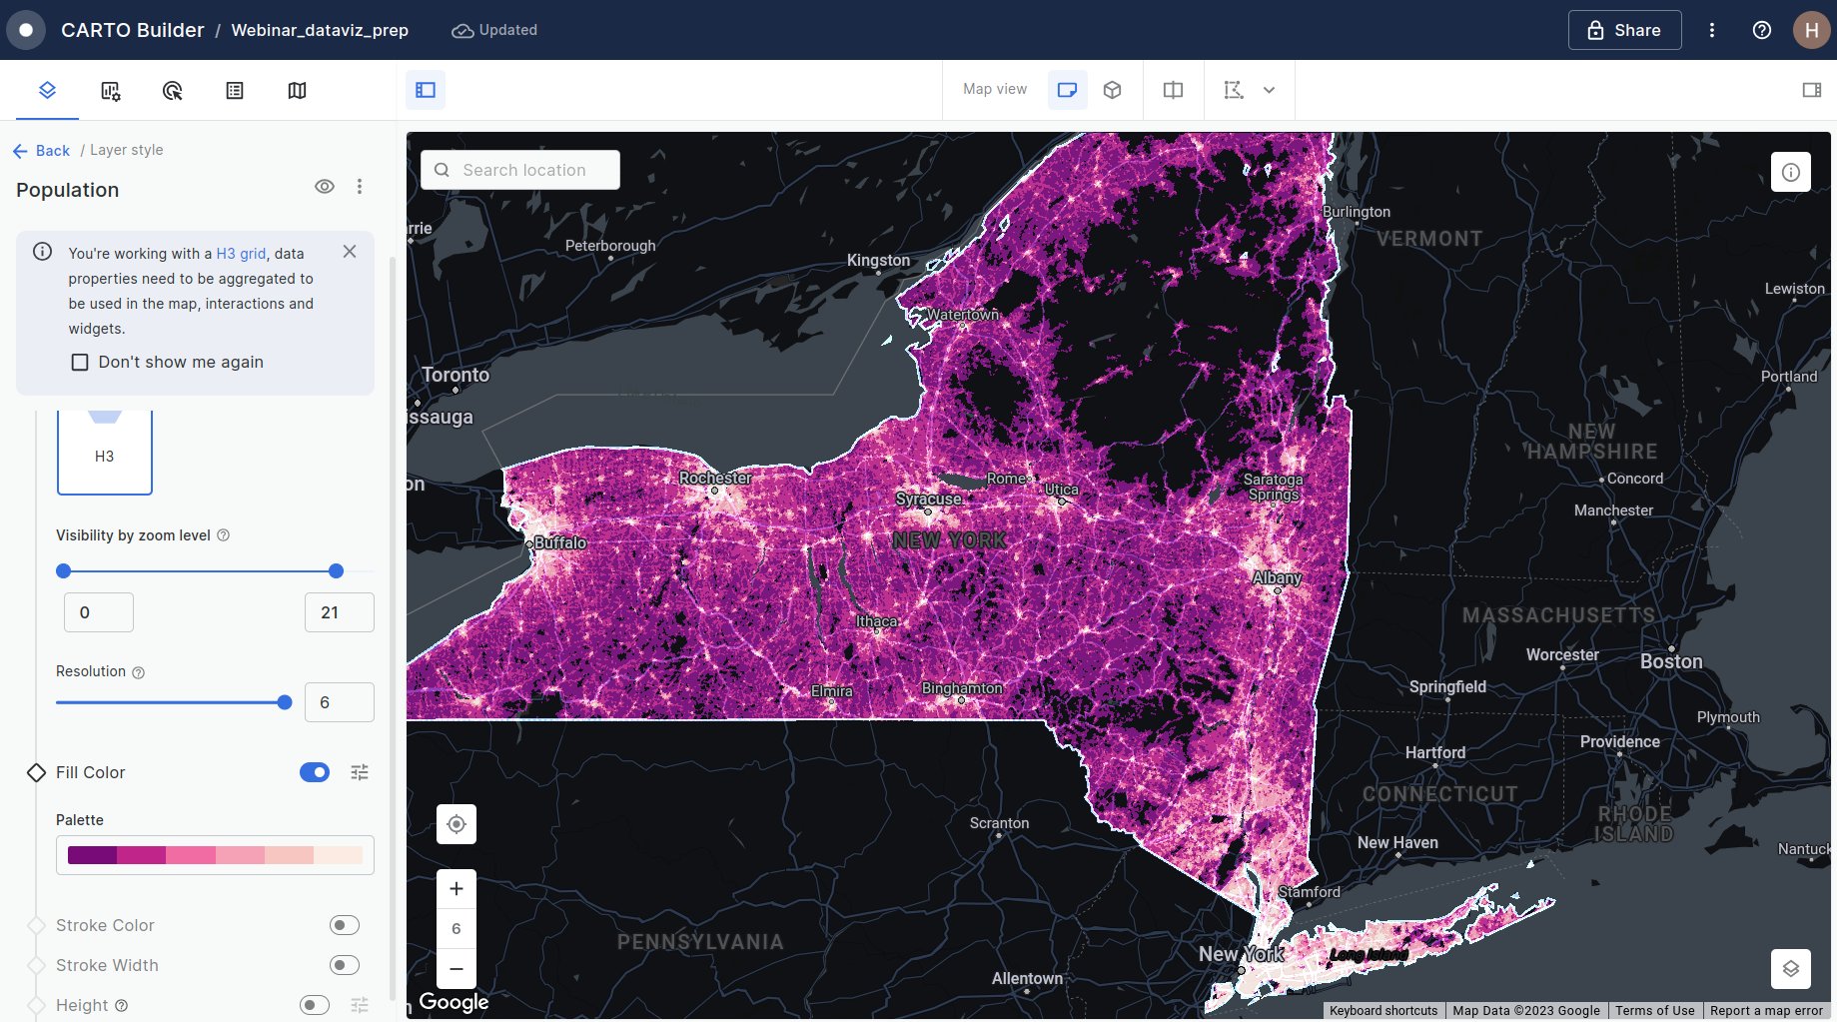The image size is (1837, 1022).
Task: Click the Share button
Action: coord(1624,30)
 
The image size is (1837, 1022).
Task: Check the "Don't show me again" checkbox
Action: coord(80,362)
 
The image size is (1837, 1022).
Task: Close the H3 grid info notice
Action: coord(350,252)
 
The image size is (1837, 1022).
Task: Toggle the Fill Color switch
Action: coord(315,772)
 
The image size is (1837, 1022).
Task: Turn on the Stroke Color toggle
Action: coord(344,925)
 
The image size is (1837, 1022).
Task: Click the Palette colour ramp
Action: coord(215,855)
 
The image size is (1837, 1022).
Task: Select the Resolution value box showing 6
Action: coord(339,702)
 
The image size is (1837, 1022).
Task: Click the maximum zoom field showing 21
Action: coord(339,612)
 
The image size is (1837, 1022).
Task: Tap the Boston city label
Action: coord(1671,661)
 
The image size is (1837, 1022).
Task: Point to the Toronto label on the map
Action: coord(456,375)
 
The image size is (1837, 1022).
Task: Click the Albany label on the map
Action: coord(1277,577)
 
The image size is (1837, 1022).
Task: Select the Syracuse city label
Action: coord(929,499)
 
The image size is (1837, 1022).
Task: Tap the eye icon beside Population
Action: coord(325,187)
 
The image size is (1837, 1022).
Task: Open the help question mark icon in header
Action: coord(1762,30)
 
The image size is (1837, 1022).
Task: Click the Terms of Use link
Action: coord(1654,1010)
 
